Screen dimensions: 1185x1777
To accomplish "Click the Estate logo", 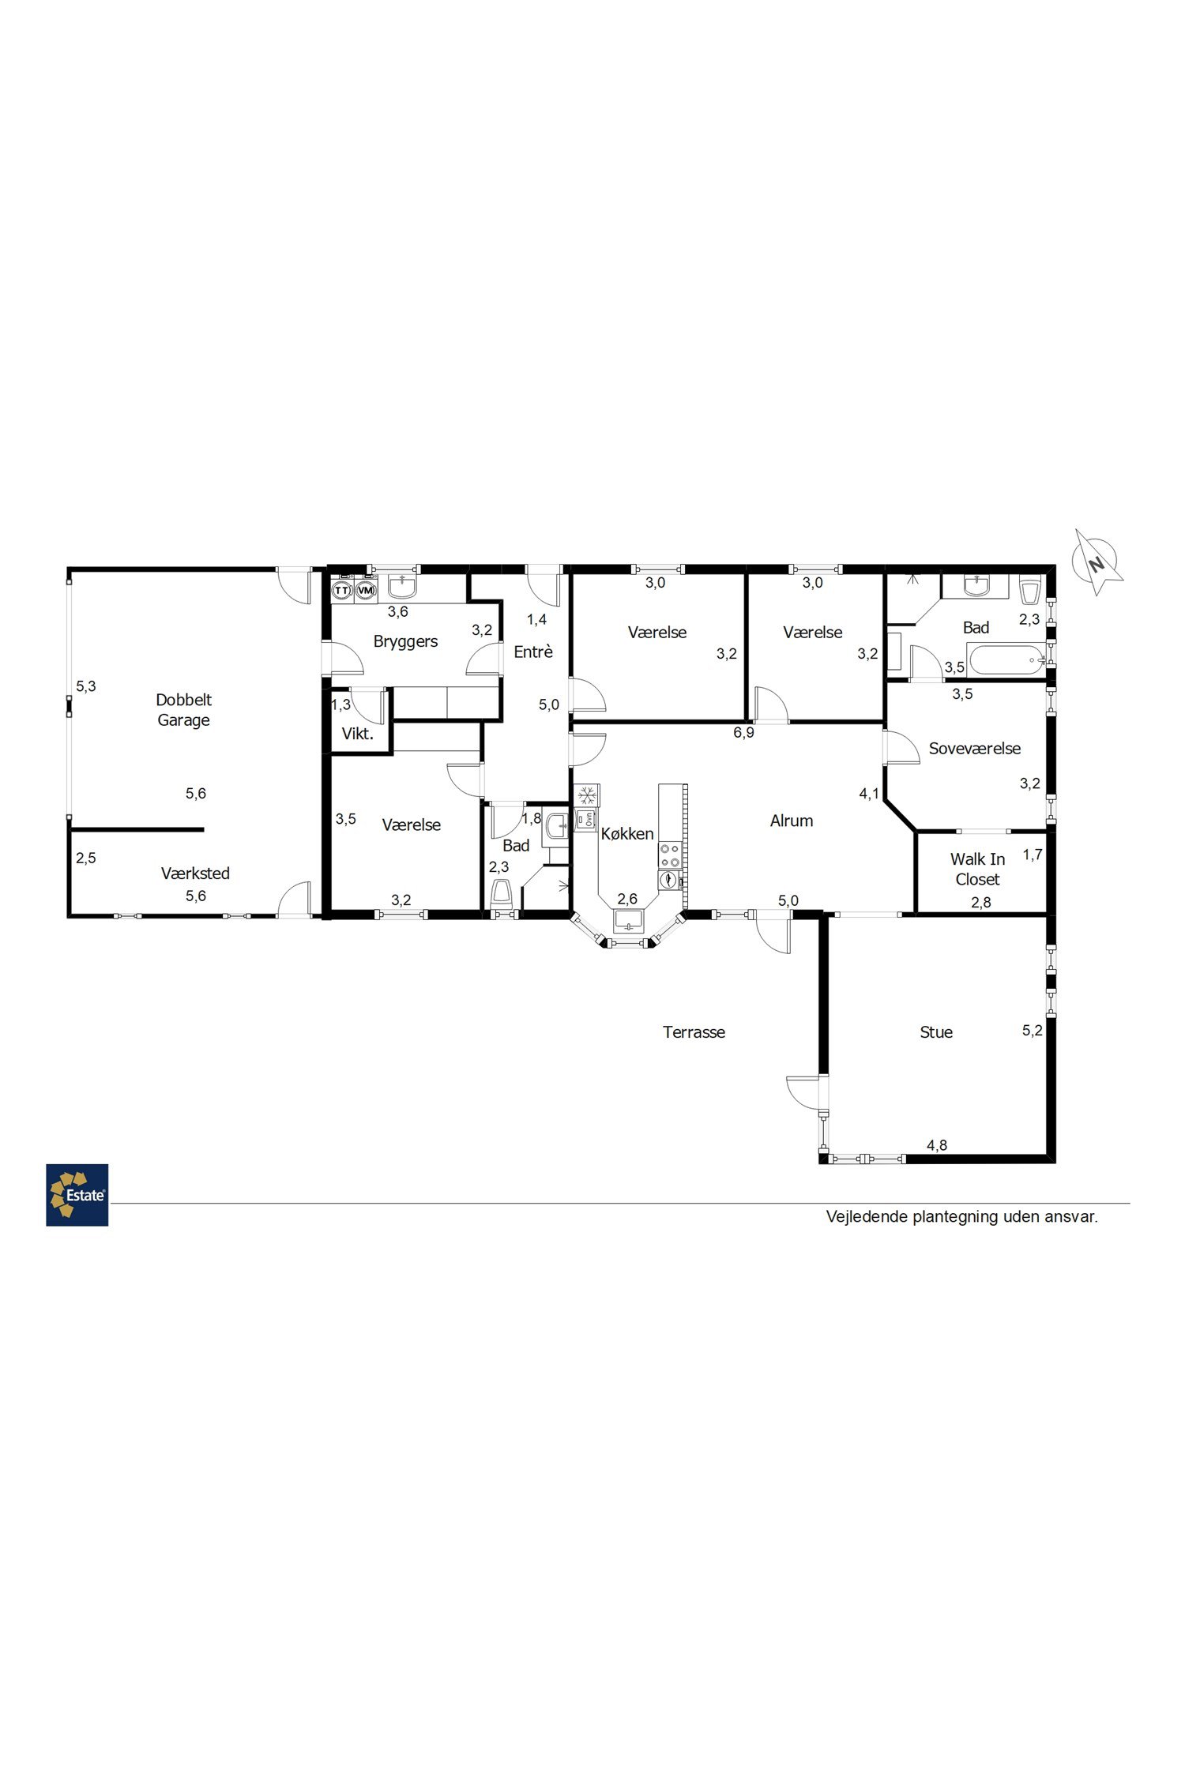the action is coord(77,1195).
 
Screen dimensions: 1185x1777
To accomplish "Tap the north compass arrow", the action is coord(1097,562).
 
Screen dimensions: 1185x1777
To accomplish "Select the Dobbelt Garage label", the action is coord(183,709).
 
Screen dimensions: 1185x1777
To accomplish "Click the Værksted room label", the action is coord(195,873).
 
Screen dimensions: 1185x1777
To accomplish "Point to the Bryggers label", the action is coord(405,641).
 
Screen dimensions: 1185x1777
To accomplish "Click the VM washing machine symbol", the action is coord(365,590).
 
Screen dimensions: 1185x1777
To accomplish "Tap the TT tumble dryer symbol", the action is coord(342,590).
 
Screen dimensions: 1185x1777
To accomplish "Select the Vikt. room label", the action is coord(358,734).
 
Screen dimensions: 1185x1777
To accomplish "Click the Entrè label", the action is coord(533,652).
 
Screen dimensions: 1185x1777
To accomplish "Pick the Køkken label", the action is coord(627,833).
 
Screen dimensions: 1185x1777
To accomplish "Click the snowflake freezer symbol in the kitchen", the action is coord(587,795).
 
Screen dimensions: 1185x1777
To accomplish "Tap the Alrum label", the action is coord(792,821).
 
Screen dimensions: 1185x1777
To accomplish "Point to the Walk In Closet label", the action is coord(978,869).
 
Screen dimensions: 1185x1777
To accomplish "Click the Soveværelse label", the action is coord(975,748).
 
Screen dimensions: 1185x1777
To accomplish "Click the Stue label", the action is coord(936,1031).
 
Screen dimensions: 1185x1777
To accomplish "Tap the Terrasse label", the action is coord(694,1031).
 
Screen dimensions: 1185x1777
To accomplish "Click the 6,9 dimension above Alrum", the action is coord(743,732).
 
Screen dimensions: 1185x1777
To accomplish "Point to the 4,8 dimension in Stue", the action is coord(937,1145).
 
